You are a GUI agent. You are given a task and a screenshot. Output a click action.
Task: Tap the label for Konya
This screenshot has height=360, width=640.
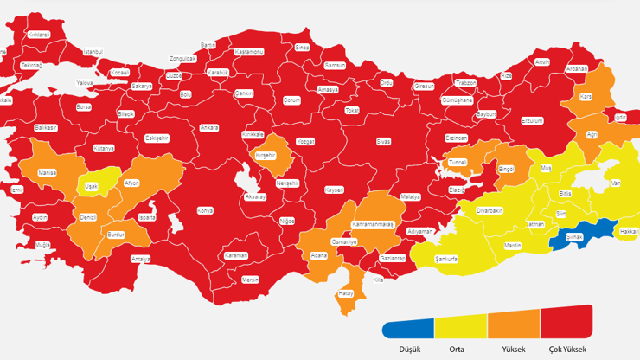click(205, 210)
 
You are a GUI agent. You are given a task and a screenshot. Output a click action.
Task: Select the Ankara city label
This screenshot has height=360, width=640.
click(208, 127)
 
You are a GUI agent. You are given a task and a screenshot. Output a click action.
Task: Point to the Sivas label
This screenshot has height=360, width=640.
click(383, 141)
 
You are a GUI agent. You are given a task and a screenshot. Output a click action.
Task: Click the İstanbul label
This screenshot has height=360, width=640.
click(93, 52)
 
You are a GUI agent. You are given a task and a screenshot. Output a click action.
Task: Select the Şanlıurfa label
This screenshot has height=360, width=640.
click(445, 258)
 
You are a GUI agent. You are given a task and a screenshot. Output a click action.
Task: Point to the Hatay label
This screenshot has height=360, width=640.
click(346, 293)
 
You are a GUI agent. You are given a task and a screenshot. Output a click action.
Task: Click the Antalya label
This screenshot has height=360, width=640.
click(140, 258)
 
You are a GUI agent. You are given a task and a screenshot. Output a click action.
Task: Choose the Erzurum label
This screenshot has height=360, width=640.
click(531, 120)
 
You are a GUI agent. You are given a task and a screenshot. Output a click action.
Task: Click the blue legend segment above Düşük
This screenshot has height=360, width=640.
click(408, 328)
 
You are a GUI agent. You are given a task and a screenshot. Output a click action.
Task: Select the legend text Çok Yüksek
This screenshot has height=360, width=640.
click(566, 349)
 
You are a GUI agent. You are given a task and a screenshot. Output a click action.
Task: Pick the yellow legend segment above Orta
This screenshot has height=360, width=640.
click(461, 326)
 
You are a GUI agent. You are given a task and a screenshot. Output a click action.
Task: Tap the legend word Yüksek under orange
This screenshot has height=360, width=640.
click(513, 349)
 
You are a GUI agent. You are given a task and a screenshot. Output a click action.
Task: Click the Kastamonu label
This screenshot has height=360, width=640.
click(250, 52)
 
